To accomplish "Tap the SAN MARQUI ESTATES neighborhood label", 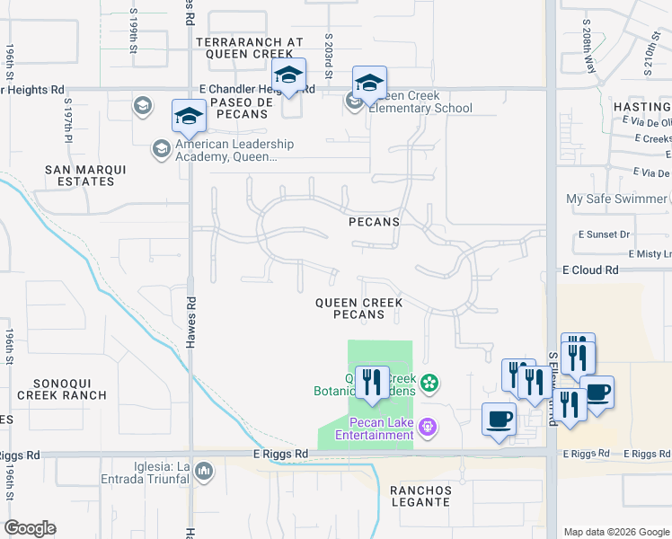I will point(80,175).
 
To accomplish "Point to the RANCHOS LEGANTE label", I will point(420,496).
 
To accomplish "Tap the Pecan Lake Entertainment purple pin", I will point(429,428).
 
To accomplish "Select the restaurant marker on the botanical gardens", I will point(370,383).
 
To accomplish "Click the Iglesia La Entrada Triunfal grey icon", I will point(204,470).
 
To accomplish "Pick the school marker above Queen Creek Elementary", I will point(368,83).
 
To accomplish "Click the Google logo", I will point(31,528).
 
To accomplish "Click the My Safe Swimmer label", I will point(617,199).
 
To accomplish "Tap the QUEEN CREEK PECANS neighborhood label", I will point(358,309).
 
